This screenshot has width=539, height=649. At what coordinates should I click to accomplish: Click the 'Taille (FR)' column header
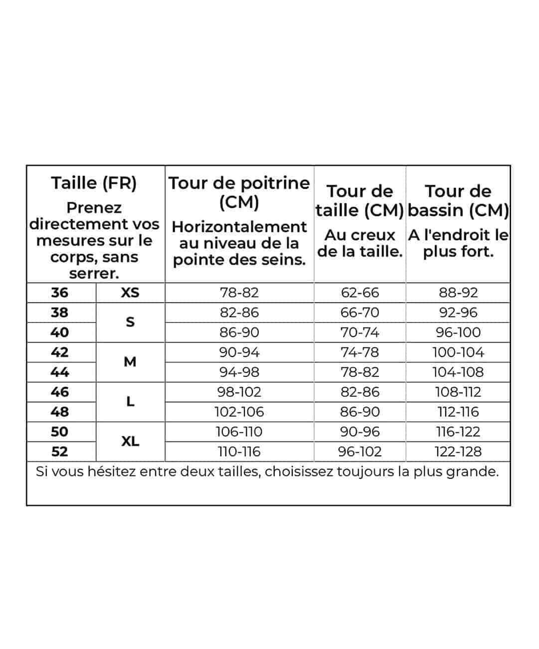click(x=94, y=183)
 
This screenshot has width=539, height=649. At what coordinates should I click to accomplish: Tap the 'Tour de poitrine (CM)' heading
click(x=239, y=192)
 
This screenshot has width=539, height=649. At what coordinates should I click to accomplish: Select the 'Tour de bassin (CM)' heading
click(x=458, y=201)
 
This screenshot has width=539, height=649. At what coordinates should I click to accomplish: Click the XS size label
click(x=130, y=293)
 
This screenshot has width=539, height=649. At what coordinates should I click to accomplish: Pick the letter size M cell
click(x=130, y=362)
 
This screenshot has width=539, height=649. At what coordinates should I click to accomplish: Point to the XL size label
click(x=130, y=441)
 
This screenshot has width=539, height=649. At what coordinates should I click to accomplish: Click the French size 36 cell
click(x=60, y=293)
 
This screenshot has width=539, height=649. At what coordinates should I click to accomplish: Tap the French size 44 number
click(x=60, y=372)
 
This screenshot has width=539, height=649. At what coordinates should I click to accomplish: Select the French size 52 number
click(x=60, y=451)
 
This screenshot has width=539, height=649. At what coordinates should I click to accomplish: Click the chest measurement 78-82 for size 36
click(x=239, y=293)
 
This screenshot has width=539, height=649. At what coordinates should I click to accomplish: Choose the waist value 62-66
click(x=360, y=293)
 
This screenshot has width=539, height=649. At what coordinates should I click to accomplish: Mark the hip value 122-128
click(x=458, y=451)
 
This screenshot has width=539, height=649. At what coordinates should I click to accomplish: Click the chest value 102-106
click(x=239, y=412)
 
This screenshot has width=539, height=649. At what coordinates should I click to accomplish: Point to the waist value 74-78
click(x=360, y=352)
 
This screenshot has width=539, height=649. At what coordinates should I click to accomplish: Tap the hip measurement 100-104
click(x=458, y=352)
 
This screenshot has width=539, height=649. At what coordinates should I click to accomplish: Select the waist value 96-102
click(x=360, y=451)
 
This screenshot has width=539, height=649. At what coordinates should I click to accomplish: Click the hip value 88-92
click(x=458, y=293)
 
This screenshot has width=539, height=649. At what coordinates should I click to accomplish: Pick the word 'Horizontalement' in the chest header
click(x=239, y=227)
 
